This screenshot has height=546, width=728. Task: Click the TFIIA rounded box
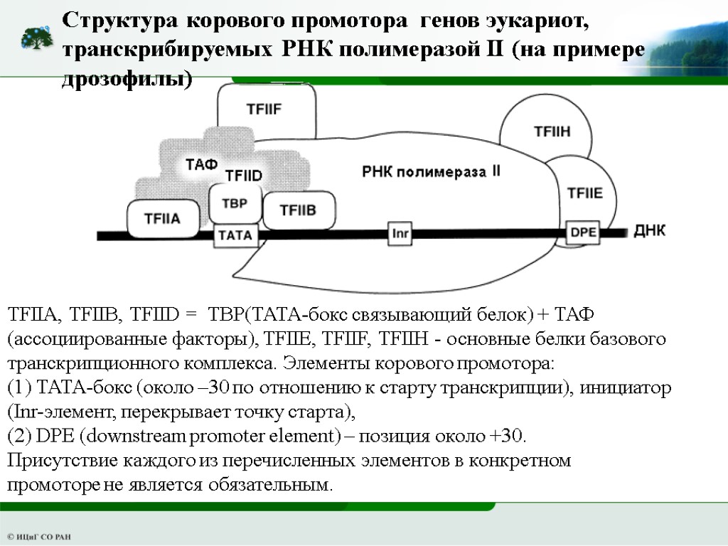coord(163,218)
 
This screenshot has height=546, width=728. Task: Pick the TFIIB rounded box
coord(297,210)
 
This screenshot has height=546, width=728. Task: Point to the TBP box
coord(234,204)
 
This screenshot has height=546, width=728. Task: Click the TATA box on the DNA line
coord(235,235)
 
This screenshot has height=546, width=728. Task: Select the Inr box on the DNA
coord(400,233)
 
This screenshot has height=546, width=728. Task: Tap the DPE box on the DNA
coord(584,232)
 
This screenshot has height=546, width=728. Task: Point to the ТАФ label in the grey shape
coord(201,165)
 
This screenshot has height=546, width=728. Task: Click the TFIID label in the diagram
coord(244,175)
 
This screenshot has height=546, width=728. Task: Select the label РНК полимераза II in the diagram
coord(431,171)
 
